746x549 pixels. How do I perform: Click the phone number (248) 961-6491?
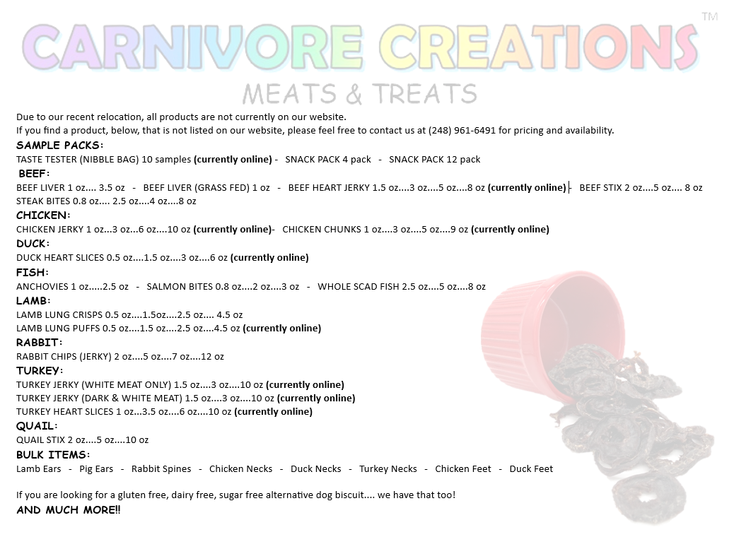click(462, 130)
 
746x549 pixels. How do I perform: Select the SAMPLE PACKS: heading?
click(59, 145)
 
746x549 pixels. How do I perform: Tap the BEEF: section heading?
click(34, 173)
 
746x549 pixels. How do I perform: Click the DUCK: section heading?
click(33, 243)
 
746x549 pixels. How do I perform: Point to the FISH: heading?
click(33, 272)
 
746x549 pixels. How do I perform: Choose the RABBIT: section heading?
click(39, 342)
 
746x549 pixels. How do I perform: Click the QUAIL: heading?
click(37, 426)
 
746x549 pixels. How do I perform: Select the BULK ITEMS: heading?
click(53, 455)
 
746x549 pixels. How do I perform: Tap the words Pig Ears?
click(96, 469)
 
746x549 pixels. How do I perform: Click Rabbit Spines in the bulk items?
click(161, 469)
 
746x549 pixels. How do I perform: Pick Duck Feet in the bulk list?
click(531, 469)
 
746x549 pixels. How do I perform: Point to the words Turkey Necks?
click(387, 469)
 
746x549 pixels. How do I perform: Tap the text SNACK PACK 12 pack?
click(434, 160)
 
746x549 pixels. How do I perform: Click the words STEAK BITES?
click(43, 201)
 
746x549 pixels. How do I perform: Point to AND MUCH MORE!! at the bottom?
click(69, 510)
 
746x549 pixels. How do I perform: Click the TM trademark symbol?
click(709, 17)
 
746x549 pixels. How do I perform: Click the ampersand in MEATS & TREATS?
click(354, 94)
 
